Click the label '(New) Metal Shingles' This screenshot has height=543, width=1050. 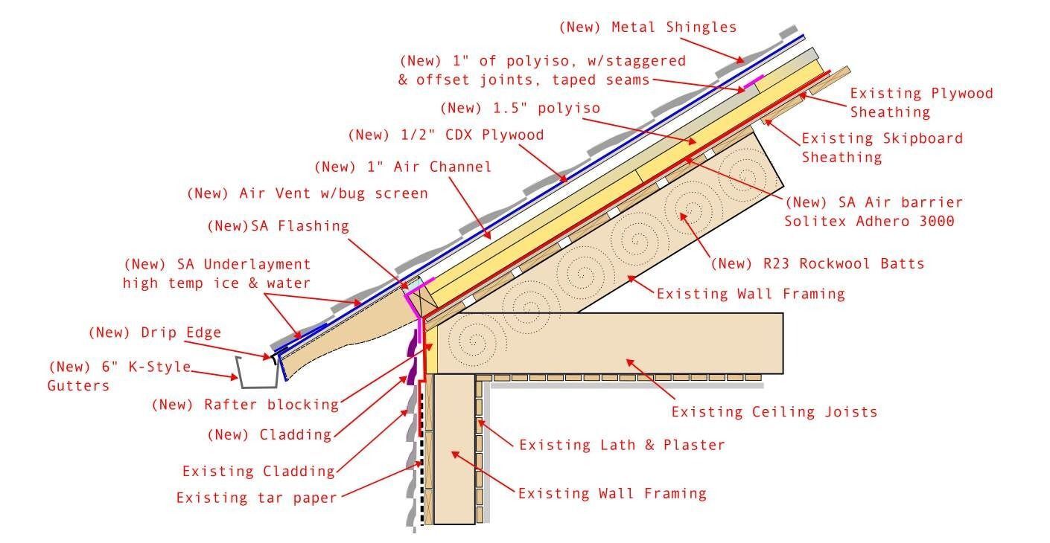click(647, 28)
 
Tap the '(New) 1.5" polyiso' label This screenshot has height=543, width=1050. click(520, 108)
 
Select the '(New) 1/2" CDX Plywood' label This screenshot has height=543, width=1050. click(445, 135)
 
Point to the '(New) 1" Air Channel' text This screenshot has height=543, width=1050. click(403, 167)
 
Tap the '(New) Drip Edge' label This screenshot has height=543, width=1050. click(154, 332)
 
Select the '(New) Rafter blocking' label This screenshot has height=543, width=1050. click(245, 405)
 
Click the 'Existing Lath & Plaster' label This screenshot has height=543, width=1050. click(622, 445)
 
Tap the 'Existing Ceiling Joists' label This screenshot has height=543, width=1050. click(774, 411)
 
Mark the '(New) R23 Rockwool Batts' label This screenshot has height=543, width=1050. click(817, 263)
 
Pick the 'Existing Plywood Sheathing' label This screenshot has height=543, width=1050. click(921, 103)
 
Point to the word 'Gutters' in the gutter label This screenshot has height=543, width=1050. click(78, 385)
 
